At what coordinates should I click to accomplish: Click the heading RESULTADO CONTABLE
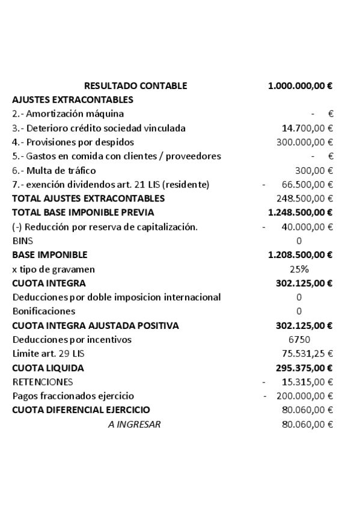pyautogui.click(x=135, y=85)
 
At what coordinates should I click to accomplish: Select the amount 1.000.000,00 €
pyautogui.click(x=301, y=85)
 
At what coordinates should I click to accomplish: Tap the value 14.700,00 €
pyautogui.click(x=308, y=128)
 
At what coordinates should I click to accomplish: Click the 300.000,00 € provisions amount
pyautogui.click(x=305, y=142)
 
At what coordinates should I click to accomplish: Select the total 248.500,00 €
pyautogui.click(x=305, y=198)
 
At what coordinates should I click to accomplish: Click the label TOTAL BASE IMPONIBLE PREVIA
pyautogui.click(x=83, y=212)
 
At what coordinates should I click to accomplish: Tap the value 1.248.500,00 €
pyautogui.click(x=301, y=212)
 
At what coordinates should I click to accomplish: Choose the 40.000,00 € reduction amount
pyautogui.click(x=307, y=227)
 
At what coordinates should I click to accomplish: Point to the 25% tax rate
pyautogui.click(x=299, y=269)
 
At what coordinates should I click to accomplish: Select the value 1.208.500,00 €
pyautogui.click(x=301, y=254)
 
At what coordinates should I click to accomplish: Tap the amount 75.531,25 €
pyautogui.click(x=307, y=354)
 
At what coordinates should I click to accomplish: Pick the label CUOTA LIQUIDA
pyautogui.click(x=48, y=367)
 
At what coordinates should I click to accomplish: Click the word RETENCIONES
pyautogui.click(x=43, y=382)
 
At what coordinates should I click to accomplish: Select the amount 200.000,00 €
pyautogui.click(x=305, y=396)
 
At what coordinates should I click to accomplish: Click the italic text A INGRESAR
pyautogui.click(x=134, y=424)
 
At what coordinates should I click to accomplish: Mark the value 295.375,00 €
pyautogui.click(x=303, y=367)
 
